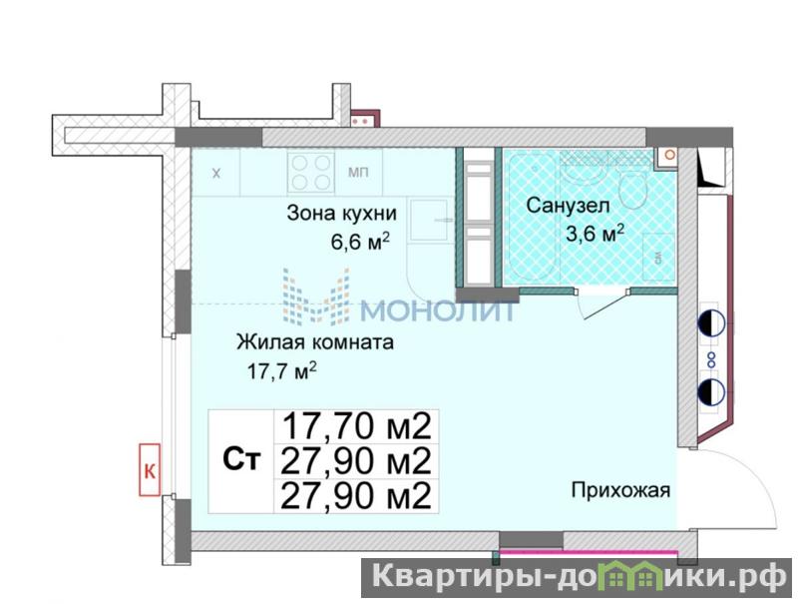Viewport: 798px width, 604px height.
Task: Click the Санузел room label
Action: pyautogui.click(x=568, y=206)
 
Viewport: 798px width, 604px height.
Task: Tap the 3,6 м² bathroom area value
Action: pyautogui.click(x=595, y=234)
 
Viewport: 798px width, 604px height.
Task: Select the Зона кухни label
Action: pyautogui.click(x=341, y=213)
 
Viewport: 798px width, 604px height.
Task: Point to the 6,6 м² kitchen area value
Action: pyautogui.click(x=360, y=241)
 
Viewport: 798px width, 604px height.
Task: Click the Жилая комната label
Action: pyautogui.click(x=315, y=342)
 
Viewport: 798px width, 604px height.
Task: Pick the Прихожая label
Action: pyautogui.click(x=620, y=491)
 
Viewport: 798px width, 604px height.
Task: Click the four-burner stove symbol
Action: pyautogui.click(x=310, y=173)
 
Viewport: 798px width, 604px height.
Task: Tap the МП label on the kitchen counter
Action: pyautogui.click(x=358, y=173)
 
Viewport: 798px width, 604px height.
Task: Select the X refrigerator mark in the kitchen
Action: pyautogui.click(x=216, y=173)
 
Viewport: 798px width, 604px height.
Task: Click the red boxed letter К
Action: pyautogui.click(x=150, y=470)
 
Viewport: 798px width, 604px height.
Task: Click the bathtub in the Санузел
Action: pyautogui.click(x=532, y=216)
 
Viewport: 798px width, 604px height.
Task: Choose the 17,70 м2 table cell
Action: pyautogui.click(x=356, y=426)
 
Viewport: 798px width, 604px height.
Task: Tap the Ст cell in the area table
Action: pyautogui.click(x=241, y=460)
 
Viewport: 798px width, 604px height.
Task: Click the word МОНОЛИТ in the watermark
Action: pyautogui.click(x=438, y=310)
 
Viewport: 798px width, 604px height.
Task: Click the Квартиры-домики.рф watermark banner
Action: pyautogui.click(x=578, y=578)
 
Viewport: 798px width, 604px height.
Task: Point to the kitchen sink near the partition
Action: pyautogui.click(x=430, y=220)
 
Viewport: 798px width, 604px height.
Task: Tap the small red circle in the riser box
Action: pyautogui.click(x=669, y=155)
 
